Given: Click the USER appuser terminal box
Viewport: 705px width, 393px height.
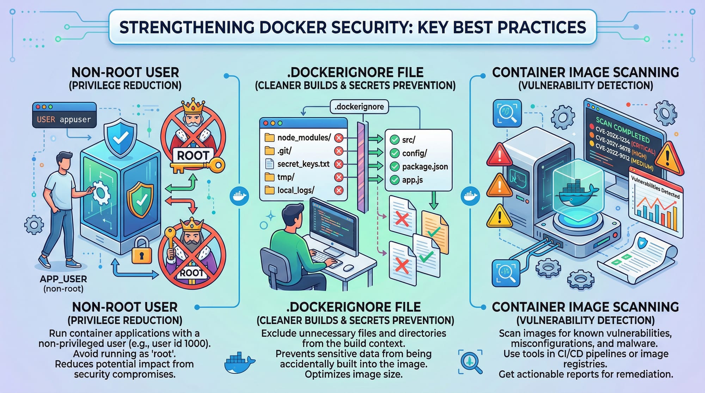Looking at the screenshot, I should tap(64, 115).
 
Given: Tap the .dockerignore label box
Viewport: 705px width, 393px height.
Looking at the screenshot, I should tap(359, 107).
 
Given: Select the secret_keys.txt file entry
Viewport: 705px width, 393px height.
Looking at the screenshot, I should tap(303, 164).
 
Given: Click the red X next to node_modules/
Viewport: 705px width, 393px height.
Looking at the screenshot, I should tap(338, 138).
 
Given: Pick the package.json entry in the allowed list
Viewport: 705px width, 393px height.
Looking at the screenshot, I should tap(425, 167).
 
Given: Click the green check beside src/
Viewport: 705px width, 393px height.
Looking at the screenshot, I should tap(394, 140).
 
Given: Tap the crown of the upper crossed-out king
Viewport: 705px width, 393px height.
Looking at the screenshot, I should tap(192, 105).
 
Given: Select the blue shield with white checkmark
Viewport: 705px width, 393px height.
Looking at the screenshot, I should tap(121, 138).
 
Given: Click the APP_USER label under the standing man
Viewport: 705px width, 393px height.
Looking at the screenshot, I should tap(63, 279).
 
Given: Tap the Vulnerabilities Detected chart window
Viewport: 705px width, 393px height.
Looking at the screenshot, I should tap(655, 204).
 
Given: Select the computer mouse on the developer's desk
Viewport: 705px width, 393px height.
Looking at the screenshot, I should tap(348, 268).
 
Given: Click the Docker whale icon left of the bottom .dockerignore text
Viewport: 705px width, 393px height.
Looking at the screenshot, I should tap(239, 363).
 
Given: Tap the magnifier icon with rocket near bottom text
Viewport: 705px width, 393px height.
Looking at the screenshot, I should tap(471, 361).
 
